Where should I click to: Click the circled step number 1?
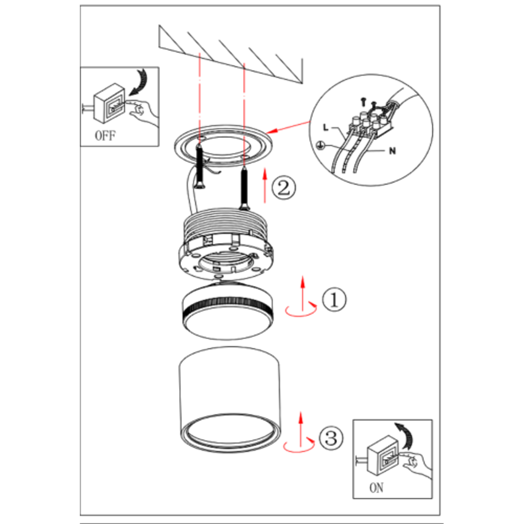334,299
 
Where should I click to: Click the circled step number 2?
283,188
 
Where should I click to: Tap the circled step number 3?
331,438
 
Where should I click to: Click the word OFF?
105,136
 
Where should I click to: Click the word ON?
376,488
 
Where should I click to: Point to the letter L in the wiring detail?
326,127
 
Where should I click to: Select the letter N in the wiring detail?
392,151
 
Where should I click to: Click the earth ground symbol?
320,145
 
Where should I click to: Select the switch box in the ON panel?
383,455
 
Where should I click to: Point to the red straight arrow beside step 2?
265,185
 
